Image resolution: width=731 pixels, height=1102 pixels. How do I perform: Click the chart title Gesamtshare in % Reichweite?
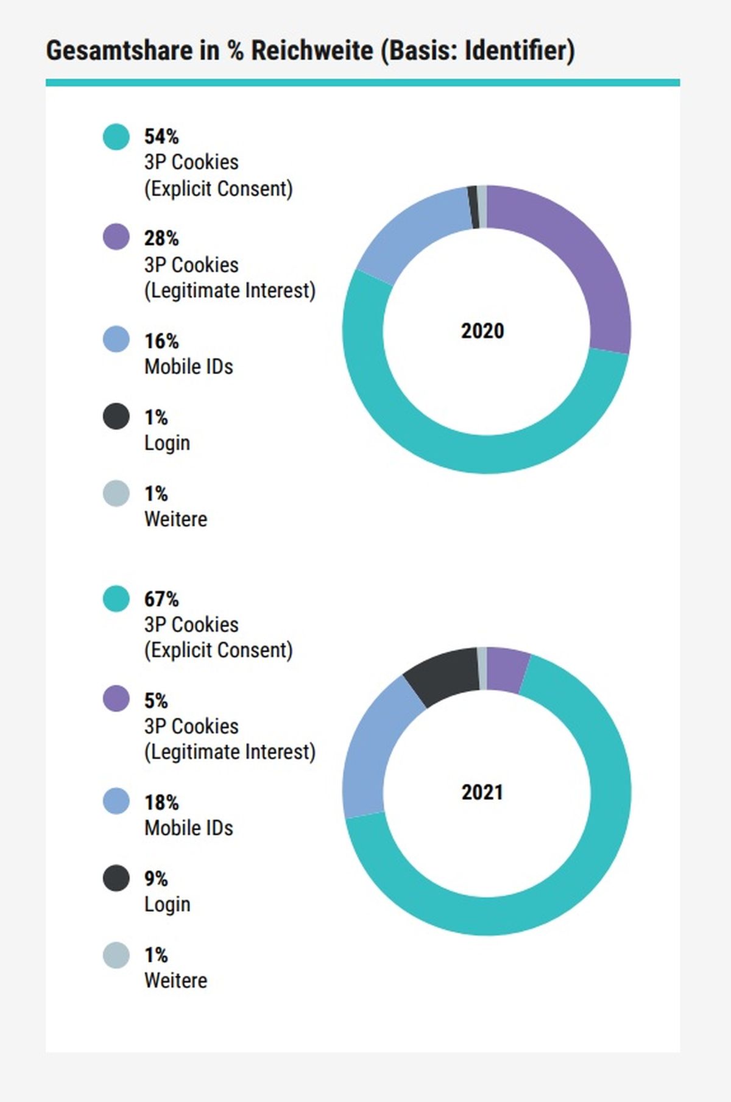click(210, 50)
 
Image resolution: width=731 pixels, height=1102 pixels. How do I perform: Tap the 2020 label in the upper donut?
click(482, 331)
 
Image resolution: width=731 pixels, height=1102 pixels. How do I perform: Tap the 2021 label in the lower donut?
click(482, 792)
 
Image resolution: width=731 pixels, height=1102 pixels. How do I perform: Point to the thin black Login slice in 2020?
click(473, 208)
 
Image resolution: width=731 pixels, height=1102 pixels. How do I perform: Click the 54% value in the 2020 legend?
click(161, 136)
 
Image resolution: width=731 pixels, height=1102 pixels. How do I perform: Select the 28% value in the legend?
click(161, 238)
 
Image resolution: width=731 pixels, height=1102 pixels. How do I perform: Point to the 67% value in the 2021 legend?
click(161, 599)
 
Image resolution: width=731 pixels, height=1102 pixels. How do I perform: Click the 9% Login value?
click(156, 878)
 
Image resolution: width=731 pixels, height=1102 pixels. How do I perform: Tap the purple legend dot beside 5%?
click(116, 698)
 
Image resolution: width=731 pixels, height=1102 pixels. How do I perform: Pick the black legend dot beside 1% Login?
click(116, 416)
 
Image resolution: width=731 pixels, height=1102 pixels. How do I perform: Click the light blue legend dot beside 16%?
click(116, 339)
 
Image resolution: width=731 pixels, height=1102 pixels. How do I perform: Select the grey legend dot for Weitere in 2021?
click(116, 955)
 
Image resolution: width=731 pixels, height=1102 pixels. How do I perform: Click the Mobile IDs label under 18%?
click(189, 828)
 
